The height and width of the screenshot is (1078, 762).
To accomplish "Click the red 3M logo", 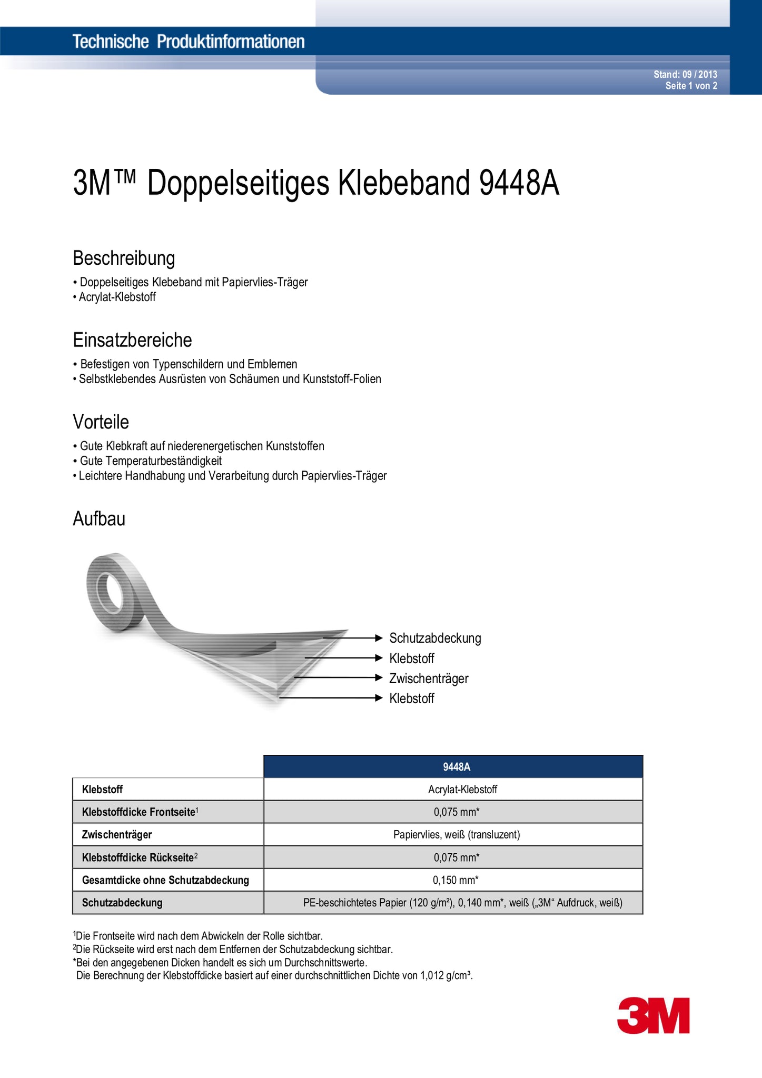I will [x=653, y=1015].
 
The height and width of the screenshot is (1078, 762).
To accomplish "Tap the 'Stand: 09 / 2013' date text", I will [x=685, y=75].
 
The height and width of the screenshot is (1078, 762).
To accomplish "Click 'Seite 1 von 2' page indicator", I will [x=691, y=86].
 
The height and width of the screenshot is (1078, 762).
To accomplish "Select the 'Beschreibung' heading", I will [x=124, y=258].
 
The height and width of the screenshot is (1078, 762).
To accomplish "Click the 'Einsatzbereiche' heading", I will [x=132, y=340].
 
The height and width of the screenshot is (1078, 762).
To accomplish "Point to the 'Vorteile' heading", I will [x=101, y=422].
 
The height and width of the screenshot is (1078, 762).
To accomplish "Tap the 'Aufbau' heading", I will [x=99, y=519].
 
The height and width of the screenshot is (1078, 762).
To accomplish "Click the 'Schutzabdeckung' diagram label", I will [x=435, y=638].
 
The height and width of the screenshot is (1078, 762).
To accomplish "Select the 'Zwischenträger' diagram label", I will [x=429, y=678].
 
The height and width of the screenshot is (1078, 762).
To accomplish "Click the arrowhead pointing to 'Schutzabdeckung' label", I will [x=378, y=638].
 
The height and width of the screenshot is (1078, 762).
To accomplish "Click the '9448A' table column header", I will [x=456, y=767].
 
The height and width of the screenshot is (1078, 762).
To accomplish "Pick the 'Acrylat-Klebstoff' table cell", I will [x=462, y=790].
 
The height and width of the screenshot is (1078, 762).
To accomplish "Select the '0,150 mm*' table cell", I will [x=456, y=880].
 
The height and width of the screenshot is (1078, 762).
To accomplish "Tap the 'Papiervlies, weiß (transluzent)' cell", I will [x=456, y=835].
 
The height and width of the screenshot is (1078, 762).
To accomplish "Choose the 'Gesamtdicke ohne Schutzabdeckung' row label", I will [x=165, y=880].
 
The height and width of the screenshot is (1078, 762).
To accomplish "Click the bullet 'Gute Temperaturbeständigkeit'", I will [x=151, y=461].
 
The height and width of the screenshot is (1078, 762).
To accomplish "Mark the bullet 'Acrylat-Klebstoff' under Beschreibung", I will [x=117, y=297].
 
